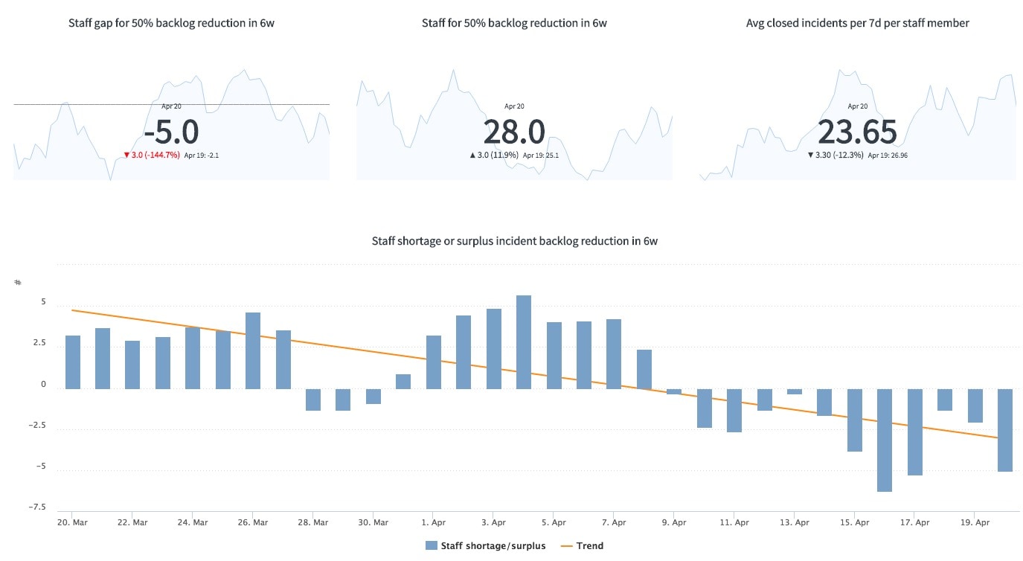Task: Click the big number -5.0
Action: pos(171,132)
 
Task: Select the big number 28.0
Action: pos(514,132)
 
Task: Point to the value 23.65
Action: pos(857,132)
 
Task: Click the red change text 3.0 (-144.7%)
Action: pos(152,156)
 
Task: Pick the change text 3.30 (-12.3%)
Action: pos(836,156)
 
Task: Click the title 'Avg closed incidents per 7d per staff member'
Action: pos(857,23)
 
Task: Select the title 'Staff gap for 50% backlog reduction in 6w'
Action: pos(171,23)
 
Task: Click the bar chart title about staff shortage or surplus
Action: pos(514,241)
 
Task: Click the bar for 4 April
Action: pos(524,342)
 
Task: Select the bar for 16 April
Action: pos(885,440)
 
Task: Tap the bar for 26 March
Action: pos(253,350)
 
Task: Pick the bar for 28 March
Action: pos(313,400)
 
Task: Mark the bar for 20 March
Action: pos(73,362)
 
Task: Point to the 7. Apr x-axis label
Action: pos(614,522)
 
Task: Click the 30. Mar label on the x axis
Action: pos(373,522)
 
